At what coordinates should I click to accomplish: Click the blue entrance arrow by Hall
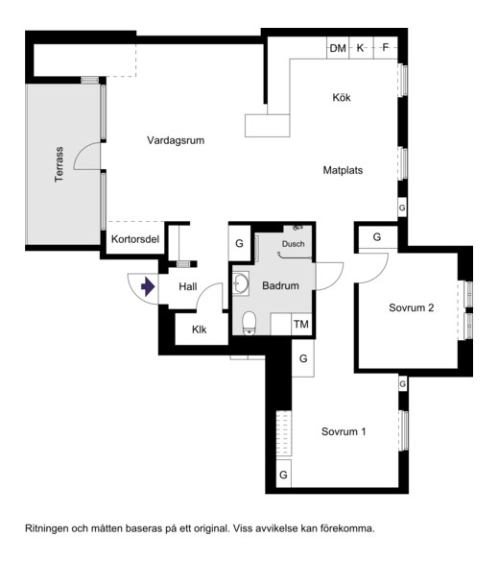pyautogui.click(x=148, y=286)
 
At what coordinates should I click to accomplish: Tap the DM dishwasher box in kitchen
pyautogui.click(x=338, y=48)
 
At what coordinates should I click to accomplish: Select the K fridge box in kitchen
pyautogui.click(x=361, y=48)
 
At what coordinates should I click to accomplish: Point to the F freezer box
pyautogui.click(x=386, y=48)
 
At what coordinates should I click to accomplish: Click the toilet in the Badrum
pyautogui.click(x=249, y=323)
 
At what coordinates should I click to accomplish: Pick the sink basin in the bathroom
pyautogui.click(x=241, y=283)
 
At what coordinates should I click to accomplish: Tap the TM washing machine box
pyautogui.click(x=301, y=325)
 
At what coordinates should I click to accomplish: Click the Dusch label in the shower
pyautogui.click(x=294, y=244)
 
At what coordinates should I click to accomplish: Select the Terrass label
pyautogui.click(x=59, y=164)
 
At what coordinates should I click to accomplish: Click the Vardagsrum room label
pyautogui.click(x=176, y=140)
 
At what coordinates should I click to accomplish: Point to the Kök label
pyautogui.click(x=342, y=97)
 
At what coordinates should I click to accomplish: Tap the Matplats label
pyautogui.click(x=343, y=170)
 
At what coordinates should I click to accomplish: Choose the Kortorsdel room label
pyautogui.click(x=135, y=239)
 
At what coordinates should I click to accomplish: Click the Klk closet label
pyautogui.click(x=199, y=330)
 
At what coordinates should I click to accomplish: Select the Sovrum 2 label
pyautogui.click(x=412, y=307)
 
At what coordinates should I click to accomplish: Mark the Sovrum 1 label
pyautogui.click(x=344, y=431)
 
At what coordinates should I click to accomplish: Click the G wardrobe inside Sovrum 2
pyautogui.click(x=378, y=237)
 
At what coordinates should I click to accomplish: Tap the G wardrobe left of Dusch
pyautogui.click(x=240, y=243)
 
